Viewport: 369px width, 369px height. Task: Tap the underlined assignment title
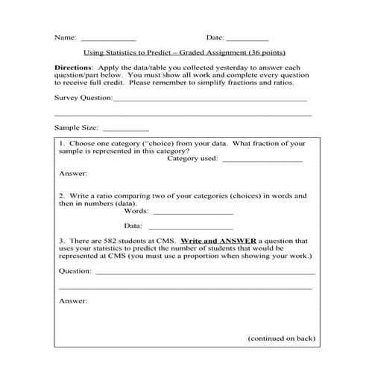(x=185, y=54)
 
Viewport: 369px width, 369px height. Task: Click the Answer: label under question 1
(x=73, y=174)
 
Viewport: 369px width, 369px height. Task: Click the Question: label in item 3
(x=76, y=271)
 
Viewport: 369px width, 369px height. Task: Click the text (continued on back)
(x=281, y=338)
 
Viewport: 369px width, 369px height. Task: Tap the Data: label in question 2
(x=133, y=225)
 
